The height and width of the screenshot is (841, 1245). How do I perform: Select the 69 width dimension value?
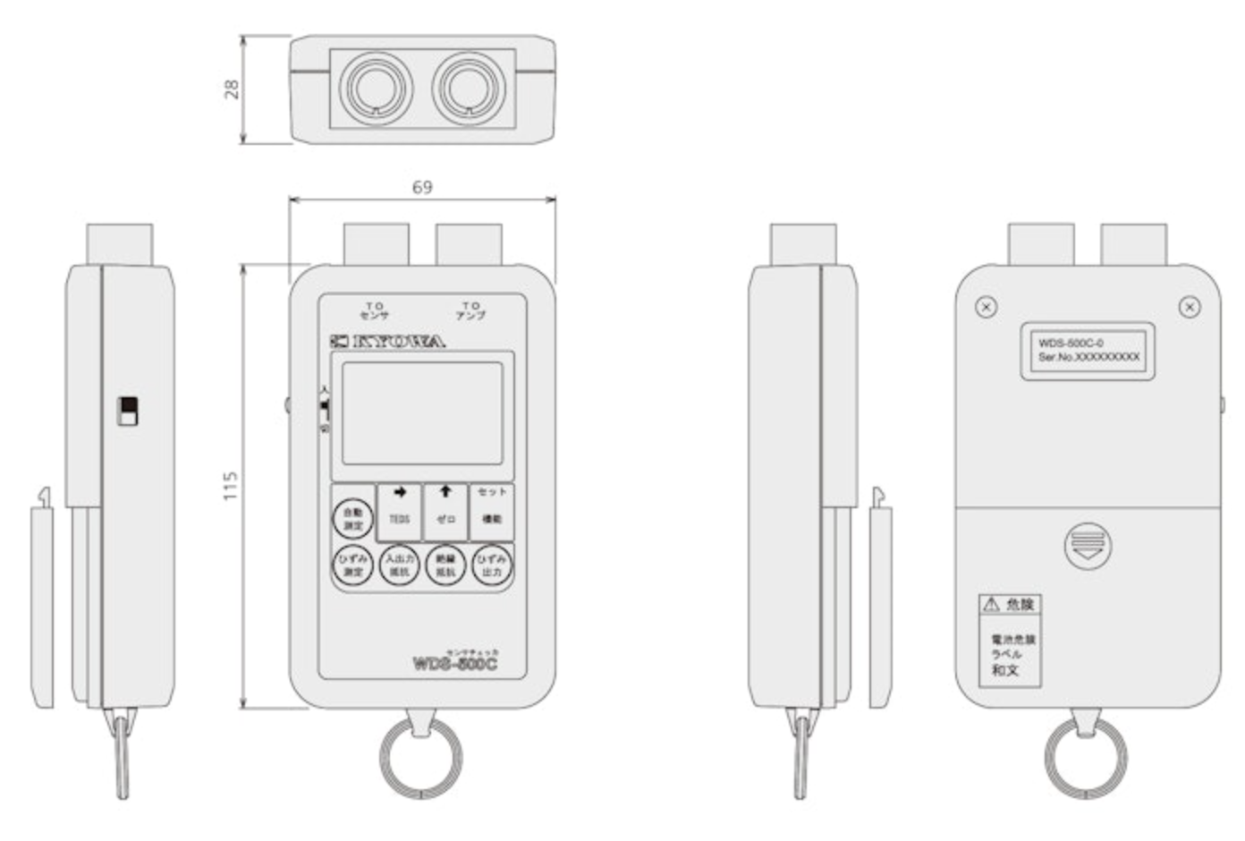click(x=422, y=187)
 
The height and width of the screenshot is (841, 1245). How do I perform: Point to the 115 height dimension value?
click(x=231, y=486)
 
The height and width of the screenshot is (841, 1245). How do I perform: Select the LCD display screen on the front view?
click(x=422, y=412)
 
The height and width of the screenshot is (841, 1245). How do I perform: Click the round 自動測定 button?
click(x=353, y=518)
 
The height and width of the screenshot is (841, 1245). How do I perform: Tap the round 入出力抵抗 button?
click(x=399, y=565)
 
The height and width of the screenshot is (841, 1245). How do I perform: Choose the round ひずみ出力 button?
click(x=492, y=565)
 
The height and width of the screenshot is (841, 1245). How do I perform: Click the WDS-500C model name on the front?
click(x=454, y=664)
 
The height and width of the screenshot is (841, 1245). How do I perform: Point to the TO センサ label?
click(x=374, y=310)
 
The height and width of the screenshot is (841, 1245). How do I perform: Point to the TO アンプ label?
click(x=470, y=310)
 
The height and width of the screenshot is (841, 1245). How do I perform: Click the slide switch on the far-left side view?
click(x=129, y=410)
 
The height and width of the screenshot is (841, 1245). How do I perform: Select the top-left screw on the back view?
click(x=986, y=307)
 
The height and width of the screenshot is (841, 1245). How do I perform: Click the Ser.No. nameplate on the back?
click(x=1088, y=351)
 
